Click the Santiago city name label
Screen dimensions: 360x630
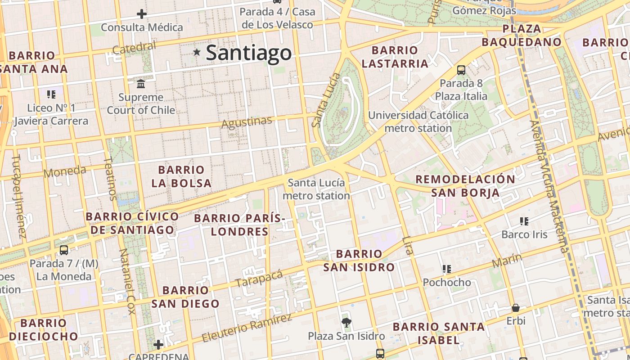[249, 53]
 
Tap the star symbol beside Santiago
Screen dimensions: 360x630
[197, 52]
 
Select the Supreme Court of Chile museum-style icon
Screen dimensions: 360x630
[141, 84]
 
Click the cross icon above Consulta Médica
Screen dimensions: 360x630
[142, 14]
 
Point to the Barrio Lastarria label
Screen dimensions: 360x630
[395, 57]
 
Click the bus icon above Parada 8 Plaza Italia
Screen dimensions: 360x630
[461, 70]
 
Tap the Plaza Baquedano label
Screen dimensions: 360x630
[522, 36]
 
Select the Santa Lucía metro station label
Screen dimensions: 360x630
[316, 189]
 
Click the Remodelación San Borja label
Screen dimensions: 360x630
[465, 186]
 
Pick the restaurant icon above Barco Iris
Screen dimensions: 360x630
[524, 221]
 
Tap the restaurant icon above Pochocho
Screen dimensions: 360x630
[446, 269]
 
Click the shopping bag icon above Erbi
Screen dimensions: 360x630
[516, 308]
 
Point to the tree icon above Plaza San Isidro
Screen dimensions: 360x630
[346, 322]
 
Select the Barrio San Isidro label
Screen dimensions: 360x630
[359, 261]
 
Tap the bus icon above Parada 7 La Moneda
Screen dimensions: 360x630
[64, 250]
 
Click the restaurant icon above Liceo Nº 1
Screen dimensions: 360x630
[51, 94]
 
